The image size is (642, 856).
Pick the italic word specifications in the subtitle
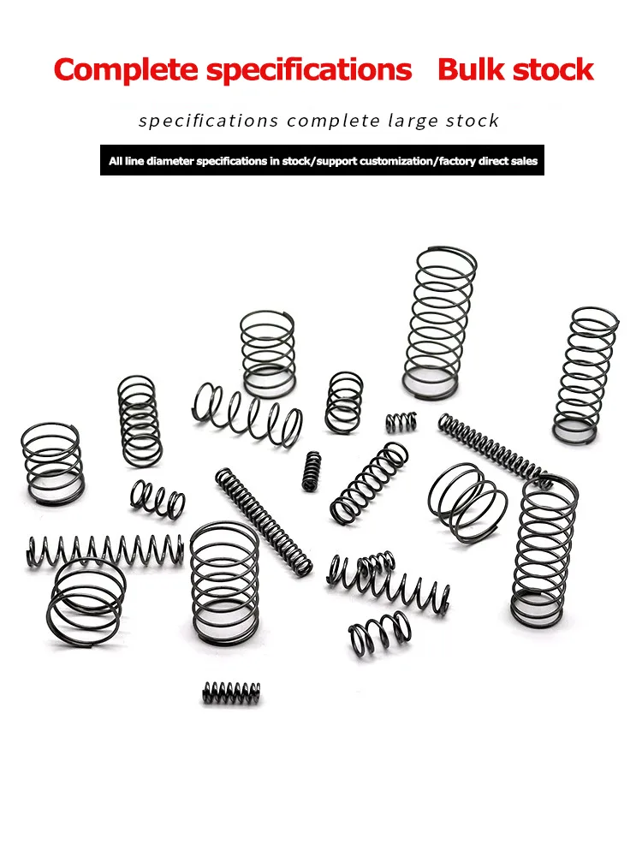coord(208,121)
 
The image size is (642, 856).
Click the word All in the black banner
coord(116,160)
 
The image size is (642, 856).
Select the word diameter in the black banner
coord(171,160)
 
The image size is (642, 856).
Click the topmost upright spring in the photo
coord(439,321)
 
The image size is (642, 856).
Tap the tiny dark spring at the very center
coord(312,471)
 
